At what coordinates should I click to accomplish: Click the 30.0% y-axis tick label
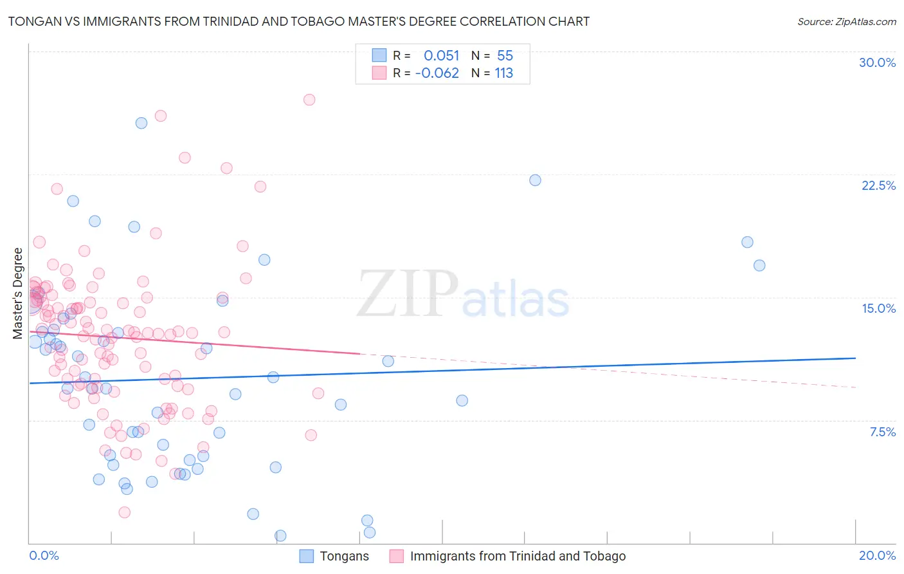click(x=877, y=62)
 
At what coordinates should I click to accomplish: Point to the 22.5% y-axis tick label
click(x=878, y=185)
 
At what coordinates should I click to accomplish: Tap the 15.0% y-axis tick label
click(x=878, y=308)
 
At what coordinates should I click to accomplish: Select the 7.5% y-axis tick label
click(x=882, y=432)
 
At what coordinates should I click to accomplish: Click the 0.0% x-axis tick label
click(x=44, y=555)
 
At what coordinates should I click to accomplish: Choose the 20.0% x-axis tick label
click(x=877, y=555)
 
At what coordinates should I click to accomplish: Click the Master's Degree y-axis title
click(x=17, y=293)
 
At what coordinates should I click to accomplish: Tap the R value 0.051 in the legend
click(x=441, y=55)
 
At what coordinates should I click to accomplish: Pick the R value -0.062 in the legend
click(x=437, y=73)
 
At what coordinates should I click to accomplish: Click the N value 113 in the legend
click(x=503, y=73)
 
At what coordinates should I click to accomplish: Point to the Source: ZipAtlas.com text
click(x=846, y=21)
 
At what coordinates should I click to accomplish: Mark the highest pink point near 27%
click(x=309, y=100)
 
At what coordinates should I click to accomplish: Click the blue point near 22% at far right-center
click(x=535, y=180)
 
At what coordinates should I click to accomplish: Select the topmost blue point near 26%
click(x=141, y=123)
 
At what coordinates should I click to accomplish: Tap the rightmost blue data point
click(x=759, y=265)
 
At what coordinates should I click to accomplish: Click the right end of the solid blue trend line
click(x=855, y=358)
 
